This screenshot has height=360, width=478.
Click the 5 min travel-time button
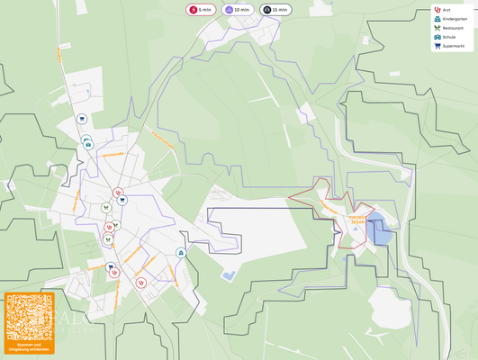[201, 10]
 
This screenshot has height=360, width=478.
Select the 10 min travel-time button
[238, 10]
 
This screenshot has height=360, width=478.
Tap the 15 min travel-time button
[275, 10]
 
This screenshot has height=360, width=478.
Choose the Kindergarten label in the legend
[455, 19]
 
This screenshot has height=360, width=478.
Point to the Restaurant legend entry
[453, 28]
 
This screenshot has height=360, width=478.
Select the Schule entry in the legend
[448, 37]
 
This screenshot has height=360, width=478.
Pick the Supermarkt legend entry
[453, 46]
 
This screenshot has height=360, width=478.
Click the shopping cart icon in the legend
[437, 46]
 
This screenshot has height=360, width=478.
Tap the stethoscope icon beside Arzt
[437, 10]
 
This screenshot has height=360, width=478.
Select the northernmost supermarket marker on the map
[81, 118]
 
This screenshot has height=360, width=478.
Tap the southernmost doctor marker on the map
[140, 283]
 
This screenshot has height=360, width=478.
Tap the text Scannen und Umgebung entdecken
[29, 346]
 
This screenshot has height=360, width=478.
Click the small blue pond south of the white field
[229, 274]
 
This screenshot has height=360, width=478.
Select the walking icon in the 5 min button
[194, 10]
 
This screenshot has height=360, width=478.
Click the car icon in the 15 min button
[266, 10]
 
